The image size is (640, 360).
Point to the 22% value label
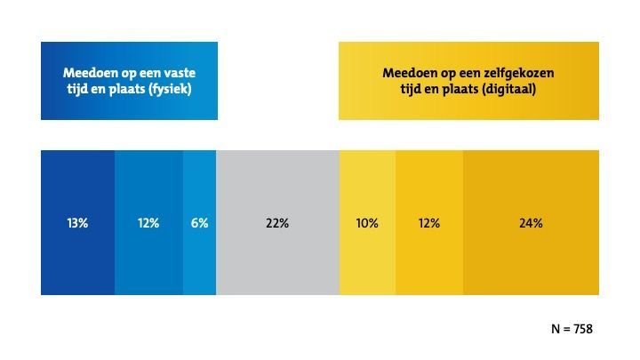277,223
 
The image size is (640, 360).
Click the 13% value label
77,223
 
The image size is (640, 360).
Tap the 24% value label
531,223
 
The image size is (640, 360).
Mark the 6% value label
199,223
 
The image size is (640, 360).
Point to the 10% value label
367,223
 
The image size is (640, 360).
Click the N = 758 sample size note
572,329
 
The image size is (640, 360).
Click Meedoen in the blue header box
86,73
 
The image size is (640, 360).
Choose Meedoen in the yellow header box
407,73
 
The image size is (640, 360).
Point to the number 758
581,329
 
